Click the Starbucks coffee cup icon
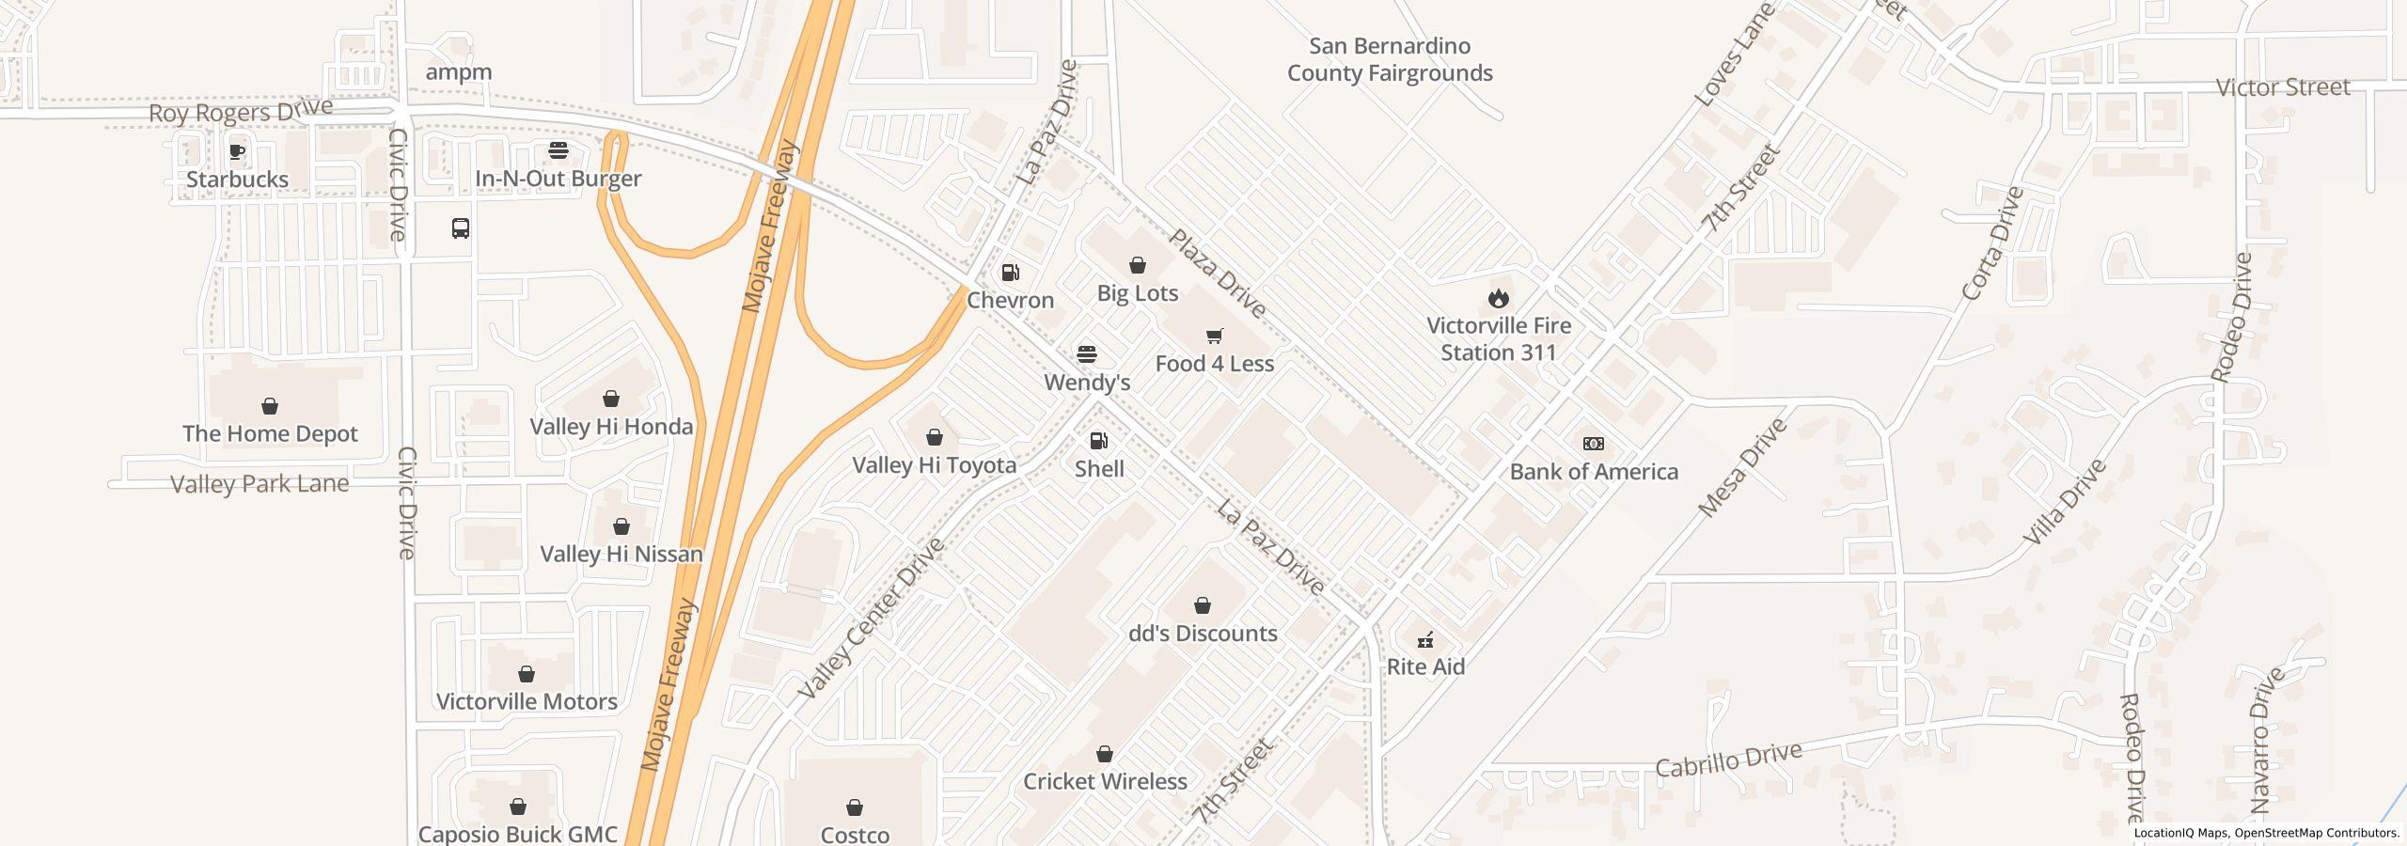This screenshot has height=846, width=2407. (238, 151)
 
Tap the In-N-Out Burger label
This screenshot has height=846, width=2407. (558, 179)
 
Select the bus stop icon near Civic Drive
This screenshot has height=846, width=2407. (461, 228)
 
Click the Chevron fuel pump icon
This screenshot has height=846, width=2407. (1011, 274)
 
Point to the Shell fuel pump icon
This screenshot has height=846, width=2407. (1098, 441)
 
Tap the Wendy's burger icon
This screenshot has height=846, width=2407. (1087, 354)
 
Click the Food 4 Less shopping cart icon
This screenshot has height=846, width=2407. (1214, 336)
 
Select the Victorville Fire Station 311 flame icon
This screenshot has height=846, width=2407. (1498, 299)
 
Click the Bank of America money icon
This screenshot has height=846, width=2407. (1594, 444)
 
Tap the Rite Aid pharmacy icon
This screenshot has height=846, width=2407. (1425, 640)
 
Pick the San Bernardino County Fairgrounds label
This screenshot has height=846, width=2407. (1390, 59)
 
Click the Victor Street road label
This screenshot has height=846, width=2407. (2283, 87)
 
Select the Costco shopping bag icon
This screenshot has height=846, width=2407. (855, 807)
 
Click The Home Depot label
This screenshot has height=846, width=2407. (270, 433)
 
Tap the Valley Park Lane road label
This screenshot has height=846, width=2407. (260, 484)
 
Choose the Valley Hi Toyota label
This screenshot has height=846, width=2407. (934, 465)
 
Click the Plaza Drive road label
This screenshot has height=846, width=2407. (1217, 274)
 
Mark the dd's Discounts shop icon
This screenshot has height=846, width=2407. (1203, 605)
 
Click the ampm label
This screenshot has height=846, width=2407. (459, 72)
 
